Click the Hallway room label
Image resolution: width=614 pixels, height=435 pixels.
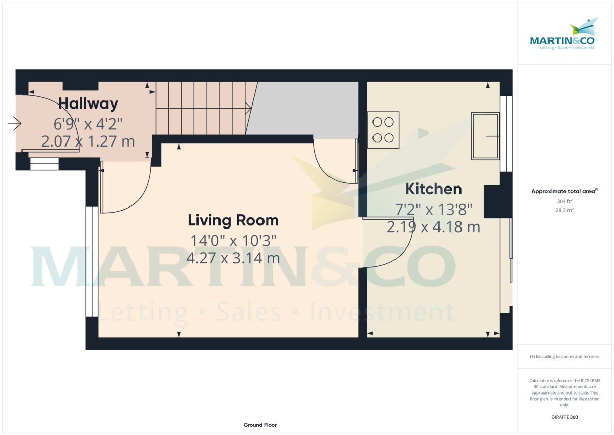88,103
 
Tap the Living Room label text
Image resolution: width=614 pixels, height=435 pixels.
233,220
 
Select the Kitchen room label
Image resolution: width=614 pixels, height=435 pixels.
433,189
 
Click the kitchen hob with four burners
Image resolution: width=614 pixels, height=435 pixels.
383,130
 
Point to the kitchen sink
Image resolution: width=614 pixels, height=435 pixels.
486,136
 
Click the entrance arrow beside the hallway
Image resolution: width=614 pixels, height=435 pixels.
14,123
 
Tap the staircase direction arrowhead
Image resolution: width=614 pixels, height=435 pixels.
248,108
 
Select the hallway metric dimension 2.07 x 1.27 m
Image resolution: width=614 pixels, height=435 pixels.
88,141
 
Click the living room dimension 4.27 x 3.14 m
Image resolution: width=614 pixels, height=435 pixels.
233,258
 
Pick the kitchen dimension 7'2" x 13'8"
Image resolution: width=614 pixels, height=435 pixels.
433,210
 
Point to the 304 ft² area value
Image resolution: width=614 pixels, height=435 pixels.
564,201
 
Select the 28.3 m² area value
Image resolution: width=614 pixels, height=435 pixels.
564,210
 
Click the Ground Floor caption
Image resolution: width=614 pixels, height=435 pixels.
260,425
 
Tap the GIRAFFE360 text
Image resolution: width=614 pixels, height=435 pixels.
564,417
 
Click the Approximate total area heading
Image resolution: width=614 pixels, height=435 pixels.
564,191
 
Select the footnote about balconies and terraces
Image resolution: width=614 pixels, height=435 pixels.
564,356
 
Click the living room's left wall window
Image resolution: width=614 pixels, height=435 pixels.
92,261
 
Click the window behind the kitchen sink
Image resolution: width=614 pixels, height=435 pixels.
506,134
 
